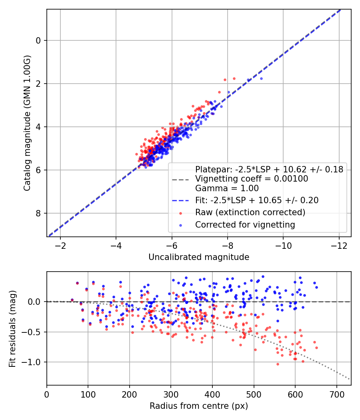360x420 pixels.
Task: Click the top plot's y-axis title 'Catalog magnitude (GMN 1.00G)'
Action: click(27, 123)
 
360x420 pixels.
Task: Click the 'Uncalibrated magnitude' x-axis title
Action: click(199, 257)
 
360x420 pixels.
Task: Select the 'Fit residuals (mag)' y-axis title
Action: click(12, 329)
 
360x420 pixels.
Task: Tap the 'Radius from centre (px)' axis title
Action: click(199, 406)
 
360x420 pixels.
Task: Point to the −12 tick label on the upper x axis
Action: click(339, 246)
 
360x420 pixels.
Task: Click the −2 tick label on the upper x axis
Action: click(60, 246)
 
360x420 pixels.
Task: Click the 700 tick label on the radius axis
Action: click(336, 394)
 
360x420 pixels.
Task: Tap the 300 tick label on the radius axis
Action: click(171, 394)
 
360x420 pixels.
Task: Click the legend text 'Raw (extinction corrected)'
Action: click(250, 212)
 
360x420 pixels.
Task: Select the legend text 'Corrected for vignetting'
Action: click(245, 225)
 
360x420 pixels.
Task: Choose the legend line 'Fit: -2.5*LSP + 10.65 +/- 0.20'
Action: click(257, 200)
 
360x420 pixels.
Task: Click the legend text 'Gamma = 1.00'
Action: click(227, 188)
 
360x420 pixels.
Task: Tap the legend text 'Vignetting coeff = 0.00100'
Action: click(252, 179)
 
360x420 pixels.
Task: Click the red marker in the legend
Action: click(180, 213)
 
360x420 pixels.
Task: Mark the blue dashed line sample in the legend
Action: click(180, 200)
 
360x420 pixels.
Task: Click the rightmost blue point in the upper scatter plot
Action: click(261, 78)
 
